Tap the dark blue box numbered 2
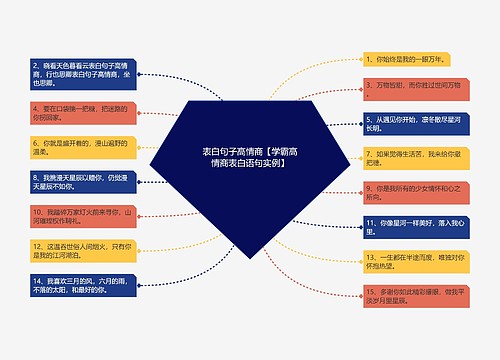(x=83, y=72)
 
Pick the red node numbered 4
(x=83, y=108)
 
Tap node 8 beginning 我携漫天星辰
(x=83, y=181)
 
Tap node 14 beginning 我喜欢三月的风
(x=83, y=288)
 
